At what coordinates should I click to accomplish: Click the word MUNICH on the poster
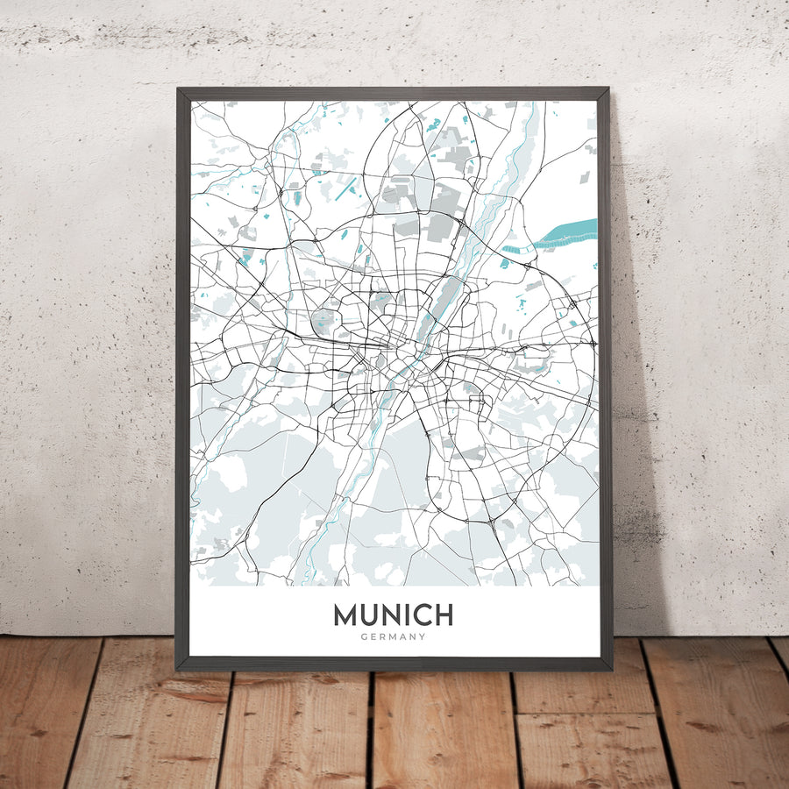click(393, 615)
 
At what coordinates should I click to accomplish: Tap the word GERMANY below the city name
click(393, 637)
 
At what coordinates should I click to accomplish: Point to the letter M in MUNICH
click(345, 615)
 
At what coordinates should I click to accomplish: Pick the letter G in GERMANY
click(363, 637)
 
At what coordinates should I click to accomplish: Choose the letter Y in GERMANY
click(423, 637)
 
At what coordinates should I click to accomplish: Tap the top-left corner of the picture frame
click(178, 89)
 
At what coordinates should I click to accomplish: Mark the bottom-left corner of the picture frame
click(178, 669)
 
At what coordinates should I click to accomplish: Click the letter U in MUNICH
click(370, 615)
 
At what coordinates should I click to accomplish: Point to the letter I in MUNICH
click(407, 615)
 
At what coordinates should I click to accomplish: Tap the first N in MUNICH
click(391, 615)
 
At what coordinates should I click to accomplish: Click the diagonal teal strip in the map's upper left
click(348, 187)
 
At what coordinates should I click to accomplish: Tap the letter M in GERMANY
click(393, 637)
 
